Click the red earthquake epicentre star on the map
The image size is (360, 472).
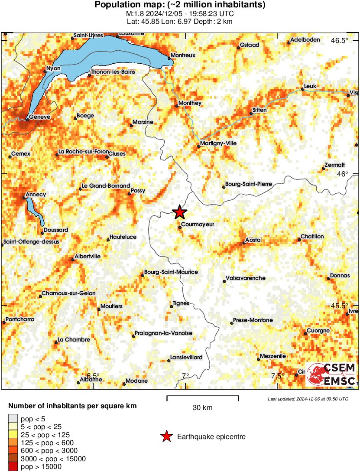179,212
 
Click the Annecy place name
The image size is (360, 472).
36,195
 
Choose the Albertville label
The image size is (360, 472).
88,256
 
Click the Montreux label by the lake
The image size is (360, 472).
183,55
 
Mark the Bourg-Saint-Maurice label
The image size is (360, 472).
171,272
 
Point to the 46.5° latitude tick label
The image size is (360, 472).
340,41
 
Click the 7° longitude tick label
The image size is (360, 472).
186,376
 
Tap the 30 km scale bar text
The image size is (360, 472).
202,407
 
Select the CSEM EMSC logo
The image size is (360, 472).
331,375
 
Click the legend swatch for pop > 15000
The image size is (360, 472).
13,467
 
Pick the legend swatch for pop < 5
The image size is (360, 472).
13,419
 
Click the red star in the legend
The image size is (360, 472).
165,437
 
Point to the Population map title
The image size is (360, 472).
180,5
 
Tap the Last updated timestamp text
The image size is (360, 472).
308,399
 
